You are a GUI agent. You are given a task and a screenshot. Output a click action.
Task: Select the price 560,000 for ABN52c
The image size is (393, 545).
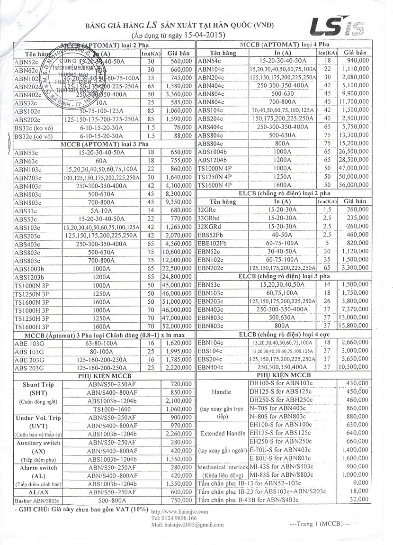179,62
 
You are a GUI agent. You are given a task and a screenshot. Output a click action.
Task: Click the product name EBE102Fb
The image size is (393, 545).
212,243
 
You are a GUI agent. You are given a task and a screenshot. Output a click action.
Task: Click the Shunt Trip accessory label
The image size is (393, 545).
38,385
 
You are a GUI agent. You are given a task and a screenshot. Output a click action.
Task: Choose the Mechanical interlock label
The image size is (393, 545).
222,467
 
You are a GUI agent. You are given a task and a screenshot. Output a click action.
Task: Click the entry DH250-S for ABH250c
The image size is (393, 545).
280,400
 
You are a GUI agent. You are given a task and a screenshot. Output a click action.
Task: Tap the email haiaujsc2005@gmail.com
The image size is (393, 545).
188,525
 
